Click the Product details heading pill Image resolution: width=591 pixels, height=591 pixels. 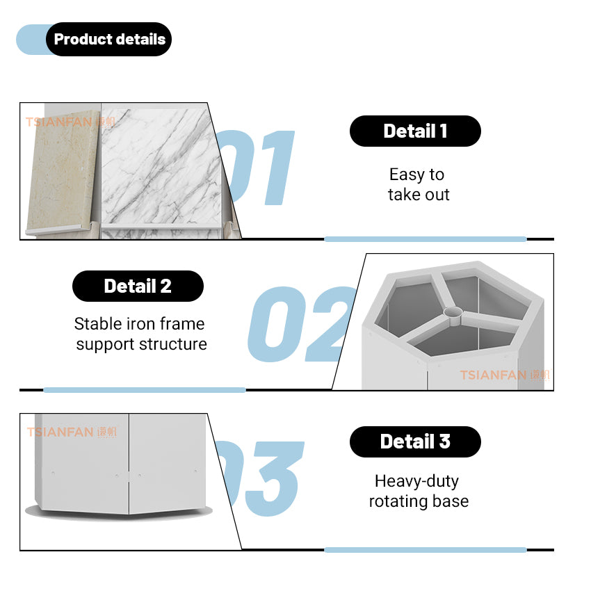[109, 40]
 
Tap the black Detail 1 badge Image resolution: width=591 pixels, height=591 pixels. [415, 131]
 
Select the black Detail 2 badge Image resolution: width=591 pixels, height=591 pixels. [138, 286]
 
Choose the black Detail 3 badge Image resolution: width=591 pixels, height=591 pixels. [415, 442]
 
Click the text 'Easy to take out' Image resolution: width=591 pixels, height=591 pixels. [418, 185]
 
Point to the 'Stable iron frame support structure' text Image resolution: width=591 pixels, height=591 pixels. [140, 334]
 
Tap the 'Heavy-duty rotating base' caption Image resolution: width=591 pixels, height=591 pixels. [418, 491]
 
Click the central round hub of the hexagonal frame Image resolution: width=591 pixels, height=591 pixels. [452, 314]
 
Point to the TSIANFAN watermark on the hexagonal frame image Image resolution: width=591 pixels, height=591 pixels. [504, 375]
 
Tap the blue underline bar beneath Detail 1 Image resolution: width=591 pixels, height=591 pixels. [425, 239]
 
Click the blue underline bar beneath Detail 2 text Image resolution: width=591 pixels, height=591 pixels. [145, 390]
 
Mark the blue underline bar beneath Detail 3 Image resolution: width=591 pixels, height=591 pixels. [425, 550]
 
